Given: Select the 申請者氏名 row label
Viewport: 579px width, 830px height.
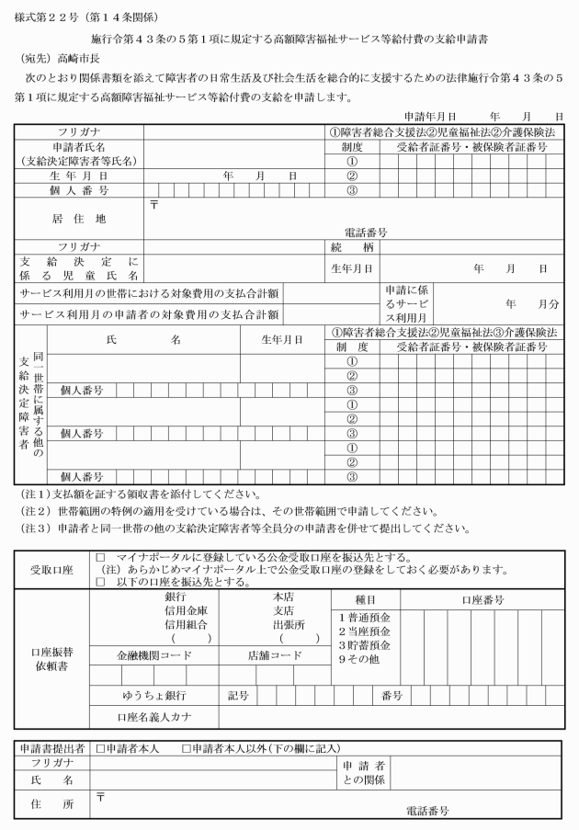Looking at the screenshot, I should [x=81, y=153].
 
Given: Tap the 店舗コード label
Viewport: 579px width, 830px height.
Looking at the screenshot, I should [x=274, y=655].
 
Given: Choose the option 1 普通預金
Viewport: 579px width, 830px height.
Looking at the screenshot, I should [x=364, y=617].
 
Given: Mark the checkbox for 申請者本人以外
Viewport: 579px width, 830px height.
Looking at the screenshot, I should [x=188, y=749].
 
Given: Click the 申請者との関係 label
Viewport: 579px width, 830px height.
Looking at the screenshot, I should [x=364, y=772].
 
